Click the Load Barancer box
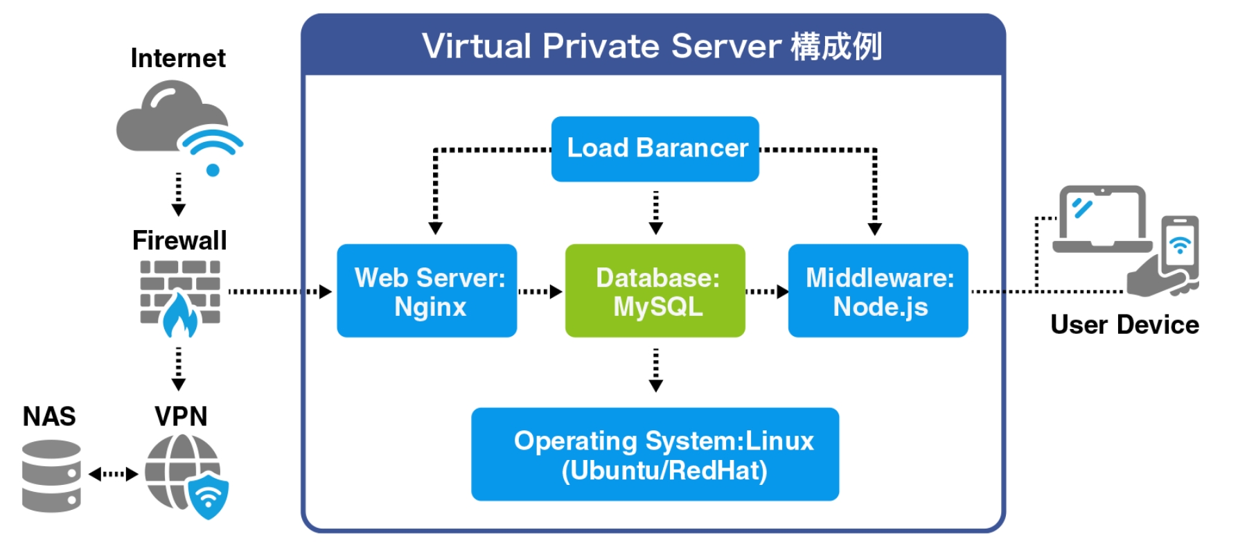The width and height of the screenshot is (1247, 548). coord(655,149)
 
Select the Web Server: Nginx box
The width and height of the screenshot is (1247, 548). coord(427,291)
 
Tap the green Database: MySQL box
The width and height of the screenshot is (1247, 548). coord(655,291)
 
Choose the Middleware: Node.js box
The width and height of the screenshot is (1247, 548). coord(878,291)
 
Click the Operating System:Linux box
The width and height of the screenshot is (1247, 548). coord(655,454)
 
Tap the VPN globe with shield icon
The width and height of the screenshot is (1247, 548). coord(184,475)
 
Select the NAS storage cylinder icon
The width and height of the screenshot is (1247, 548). coord(51,476)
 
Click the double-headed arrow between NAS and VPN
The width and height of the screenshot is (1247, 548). coord(114,475)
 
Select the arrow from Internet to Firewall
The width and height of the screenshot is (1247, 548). coord(178,194)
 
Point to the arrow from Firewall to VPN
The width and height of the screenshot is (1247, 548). coord(178,369)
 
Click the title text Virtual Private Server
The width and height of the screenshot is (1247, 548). coord(603,46)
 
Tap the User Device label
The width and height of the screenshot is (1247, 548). coord(1124,325)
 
